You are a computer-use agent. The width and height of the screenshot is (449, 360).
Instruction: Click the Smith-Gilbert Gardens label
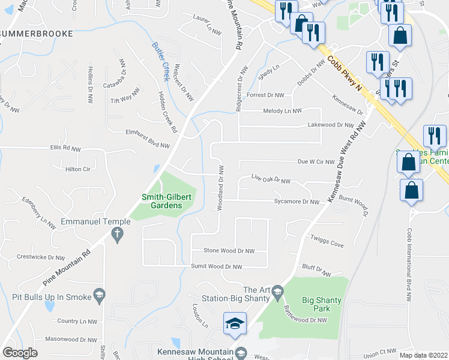[x=161, y=201]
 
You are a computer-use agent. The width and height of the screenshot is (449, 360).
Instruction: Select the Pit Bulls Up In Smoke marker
[x=100, y=296]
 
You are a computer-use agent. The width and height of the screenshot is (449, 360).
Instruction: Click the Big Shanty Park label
[x=316, y=304]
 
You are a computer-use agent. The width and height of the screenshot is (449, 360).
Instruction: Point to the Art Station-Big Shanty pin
[x=277, y=293]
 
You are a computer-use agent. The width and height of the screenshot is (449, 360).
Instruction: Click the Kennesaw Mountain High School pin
[x=241, y=352]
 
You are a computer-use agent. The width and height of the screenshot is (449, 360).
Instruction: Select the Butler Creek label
[x=161, y=61]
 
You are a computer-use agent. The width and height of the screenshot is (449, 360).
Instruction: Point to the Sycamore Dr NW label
[x=297, y=202]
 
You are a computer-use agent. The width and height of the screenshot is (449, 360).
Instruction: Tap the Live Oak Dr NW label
[x=271, y=179]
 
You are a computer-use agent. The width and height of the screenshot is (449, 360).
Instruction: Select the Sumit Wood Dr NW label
[x=216, y=266]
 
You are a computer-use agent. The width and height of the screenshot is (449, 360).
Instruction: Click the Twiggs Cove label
[x=327, y=244]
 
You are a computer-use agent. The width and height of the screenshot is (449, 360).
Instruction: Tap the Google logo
[x=20, y=353]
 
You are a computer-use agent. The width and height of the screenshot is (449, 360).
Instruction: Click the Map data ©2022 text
[x=424, y=355]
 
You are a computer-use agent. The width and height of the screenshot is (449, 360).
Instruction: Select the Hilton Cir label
[x=77, y=169]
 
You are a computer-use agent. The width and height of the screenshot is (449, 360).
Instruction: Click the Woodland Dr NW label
[x=221, y=188]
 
